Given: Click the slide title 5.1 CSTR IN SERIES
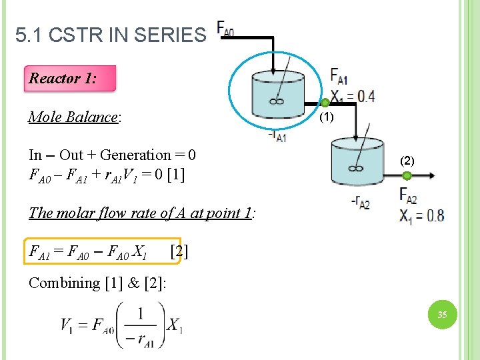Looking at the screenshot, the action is tap(111, 35).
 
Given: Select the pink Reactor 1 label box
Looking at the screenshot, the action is tap(69, 79).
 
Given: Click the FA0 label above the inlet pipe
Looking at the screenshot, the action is tap(225, 30).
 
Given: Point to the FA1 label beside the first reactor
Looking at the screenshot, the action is tap(339, 75).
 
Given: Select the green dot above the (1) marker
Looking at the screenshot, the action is tap(325, 103).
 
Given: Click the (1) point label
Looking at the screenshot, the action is tap(325, 118).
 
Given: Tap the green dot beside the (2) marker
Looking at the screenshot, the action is tap(406, 175).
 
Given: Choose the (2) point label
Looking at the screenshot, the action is tap(407, 161).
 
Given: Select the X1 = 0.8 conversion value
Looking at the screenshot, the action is tap(421, 215).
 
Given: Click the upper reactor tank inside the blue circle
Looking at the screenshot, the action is tap(277, 95).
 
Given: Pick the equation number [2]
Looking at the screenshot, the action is tap(179, 251).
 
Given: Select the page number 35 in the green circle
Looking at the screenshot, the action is tap(442, 314).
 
